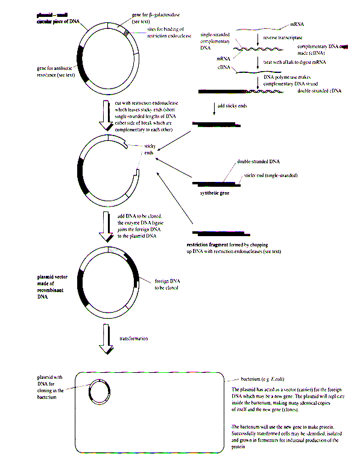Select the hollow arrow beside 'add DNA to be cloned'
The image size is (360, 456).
point(106,226)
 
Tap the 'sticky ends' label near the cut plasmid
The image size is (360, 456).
point(150,149)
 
